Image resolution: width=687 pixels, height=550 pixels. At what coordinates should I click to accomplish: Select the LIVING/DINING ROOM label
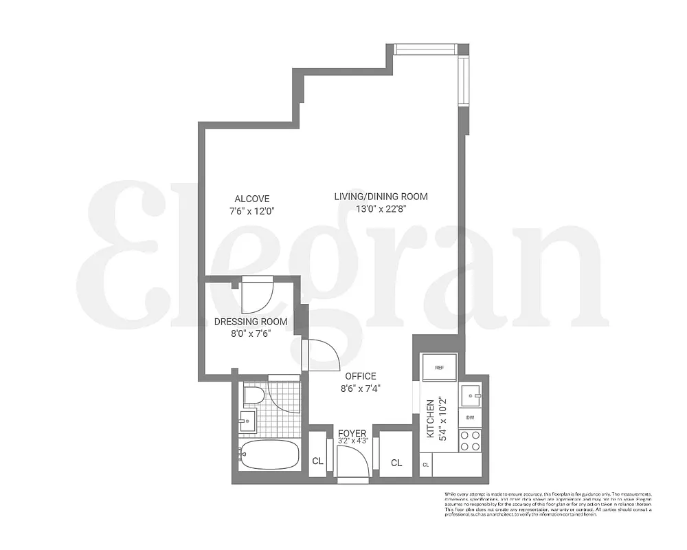(381, 197)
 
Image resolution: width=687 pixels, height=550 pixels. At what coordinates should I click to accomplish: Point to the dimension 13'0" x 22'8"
(381, 210)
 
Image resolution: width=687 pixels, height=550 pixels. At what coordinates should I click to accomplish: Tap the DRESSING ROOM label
(251, 322)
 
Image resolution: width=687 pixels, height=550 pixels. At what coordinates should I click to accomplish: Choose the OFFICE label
(361, 376)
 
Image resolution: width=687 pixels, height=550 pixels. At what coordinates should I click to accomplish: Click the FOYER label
(352, 433)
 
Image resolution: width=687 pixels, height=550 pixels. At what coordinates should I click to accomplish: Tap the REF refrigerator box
(440, 367)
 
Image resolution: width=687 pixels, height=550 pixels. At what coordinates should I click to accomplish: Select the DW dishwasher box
(471, 417)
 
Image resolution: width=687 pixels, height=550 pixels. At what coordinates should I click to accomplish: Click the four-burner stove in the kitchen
(471, 441)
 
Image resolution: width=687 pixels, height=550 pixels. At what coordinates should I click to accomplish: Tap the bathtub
(269, 454)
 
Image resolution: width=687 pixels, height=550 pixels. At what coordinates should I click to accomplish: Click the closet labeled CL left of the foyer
(318, 461)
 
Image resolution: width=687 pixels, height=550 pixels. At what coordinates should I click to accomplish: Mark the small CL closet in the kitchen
(426, 465)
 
